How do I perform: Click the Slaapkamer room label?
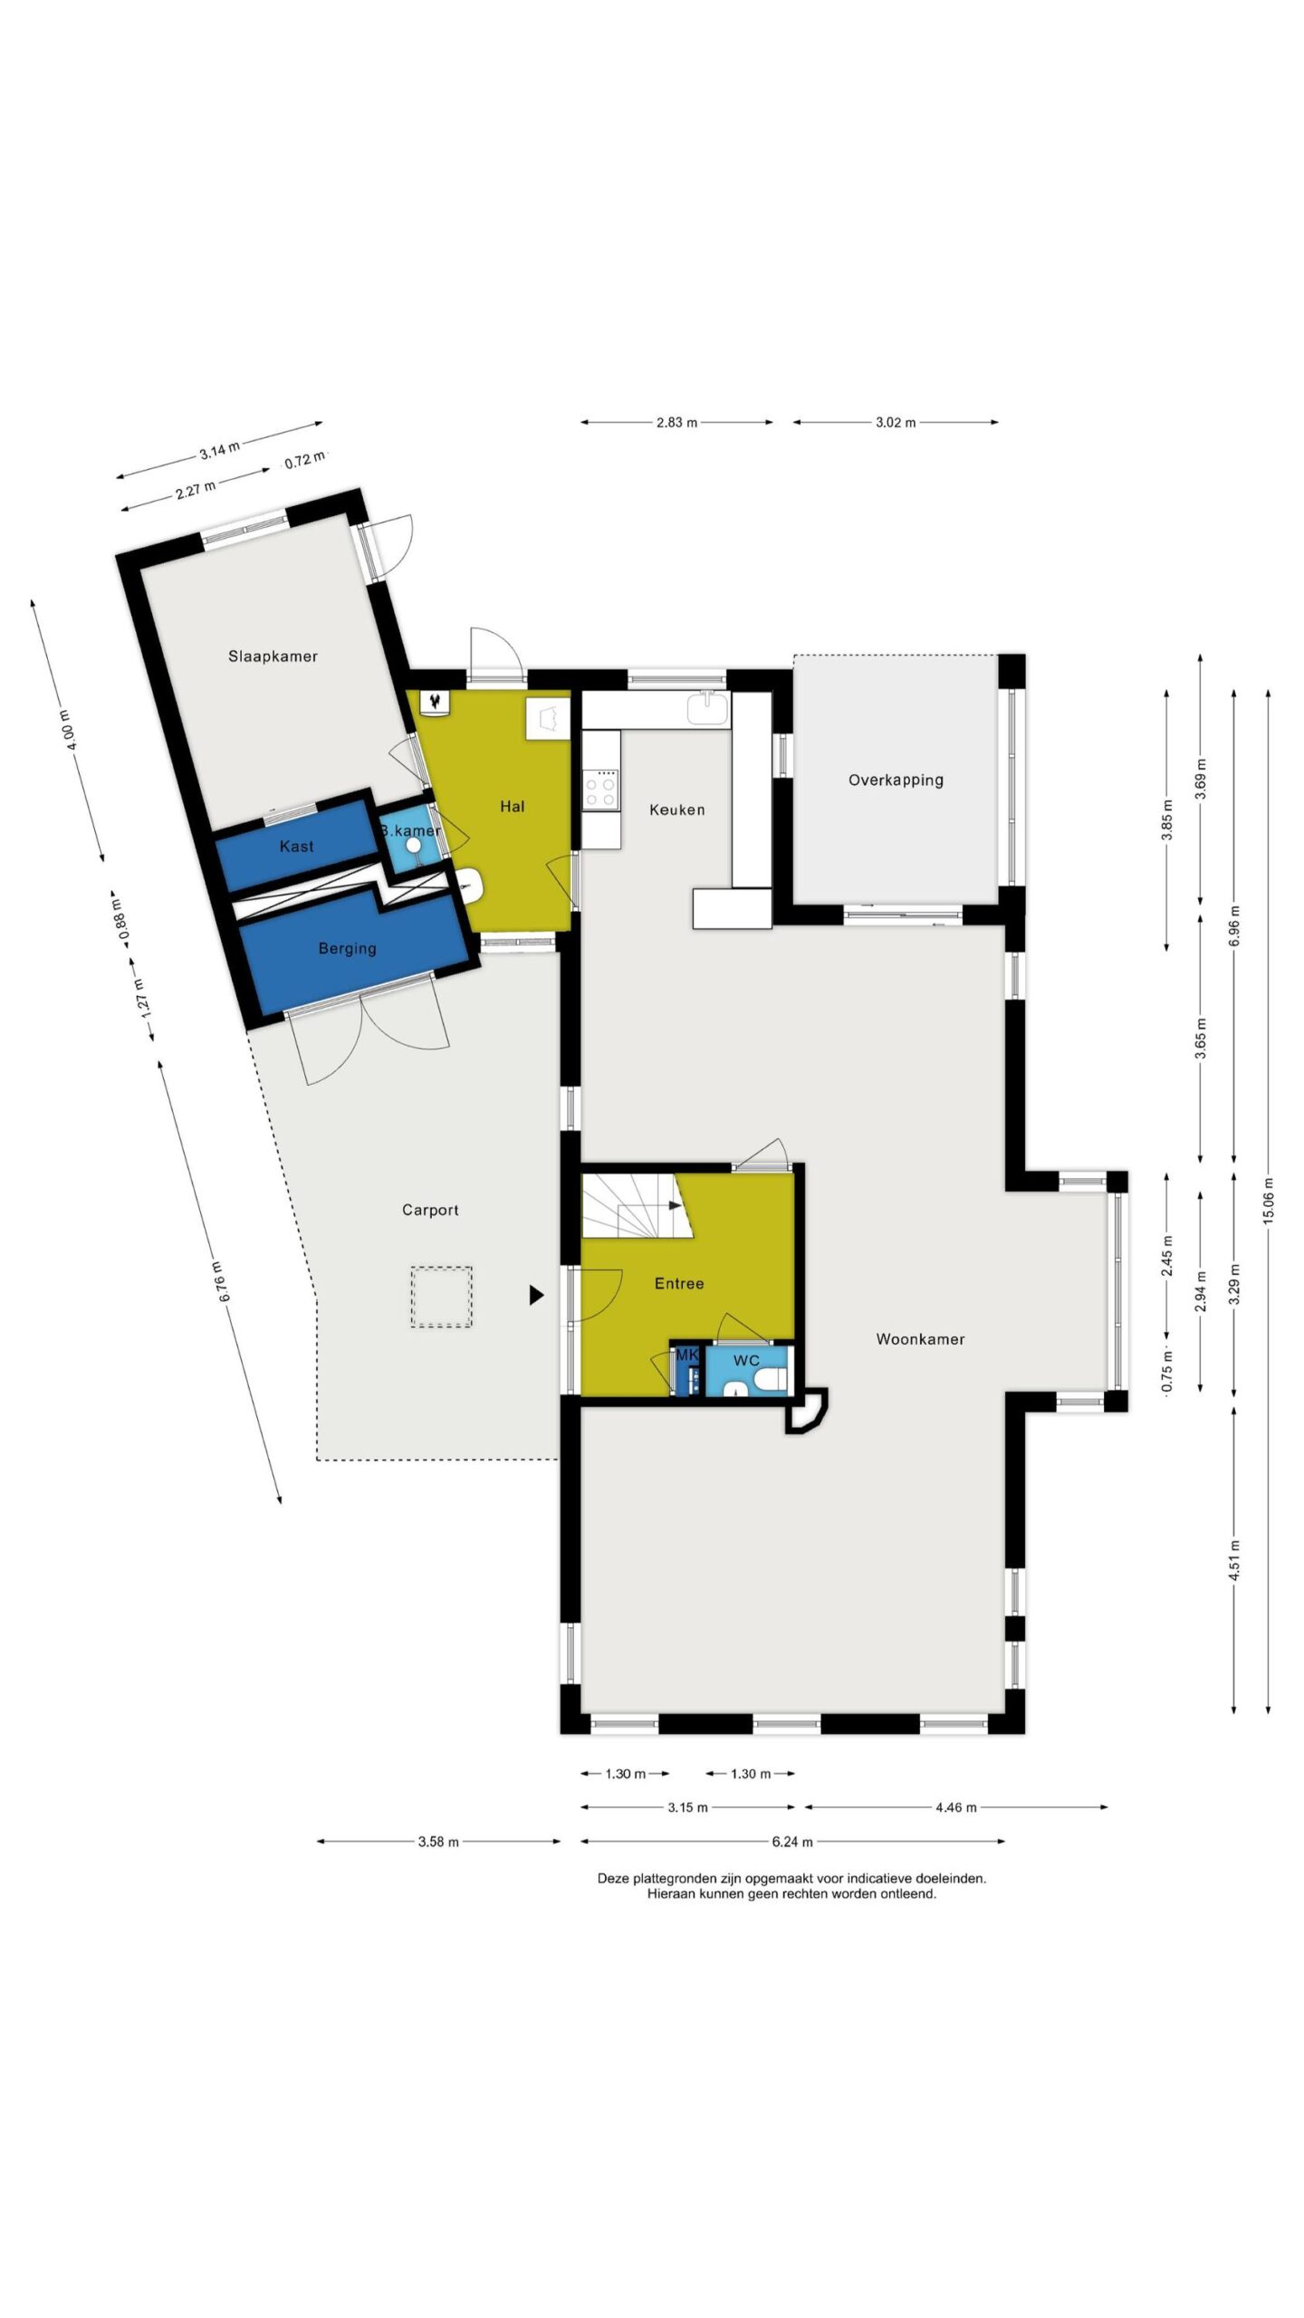pos(273,656)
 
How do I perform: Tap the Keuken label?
pos(676,809)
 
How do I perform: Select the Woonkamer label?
pos(920,1339)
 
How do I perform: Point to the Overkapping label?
pos(896,781)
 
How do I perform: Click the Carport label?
pos(430,1210)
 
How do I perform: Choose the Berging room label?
pos(347,949)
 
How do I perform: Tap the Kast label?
pos(296,847)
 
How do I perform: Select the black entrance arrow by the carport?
pos(536,1296)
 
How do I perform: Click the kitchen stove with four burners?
pos(601,788)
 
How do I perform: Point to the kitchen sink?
pos(707,708)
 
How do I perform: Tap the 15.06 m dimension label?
pos(1268,1201)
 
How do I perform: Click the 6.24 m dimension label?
pos(792,1841)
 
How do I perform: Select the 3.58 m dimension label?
pos(438,1841)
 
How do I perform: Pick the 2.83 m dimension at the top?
pos(676,422)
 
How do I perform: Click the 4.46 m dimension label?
pos(955,1807)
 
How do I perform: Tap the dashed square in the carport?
pos(441,1298)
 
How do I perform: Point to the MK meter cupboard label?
pos(687,1355)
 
